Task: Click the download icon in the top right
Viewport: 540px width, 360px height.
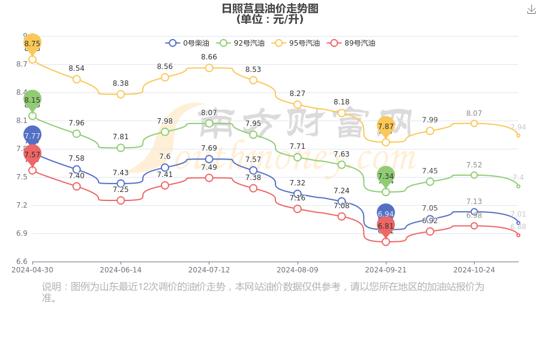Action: coord(531,9)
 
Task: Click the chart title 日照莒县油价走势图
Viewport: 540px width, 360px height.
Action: coord(269,8)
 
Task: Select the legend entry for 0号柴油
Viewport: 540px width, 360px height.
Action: coord(188,43)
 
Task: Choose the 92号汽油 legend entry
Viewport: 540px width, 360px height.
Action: coord(240,43)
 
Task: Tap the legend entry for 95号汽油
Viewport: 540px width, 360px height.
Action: coord(295,43)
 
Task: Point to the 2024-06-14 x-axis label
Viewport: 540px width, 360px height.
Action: coord(121,270)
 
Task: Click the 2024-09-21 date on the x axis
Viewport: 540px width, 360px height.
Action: coord(386,270)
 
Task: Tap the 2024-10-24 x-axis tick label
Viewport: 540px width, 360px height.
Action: coord(474,270)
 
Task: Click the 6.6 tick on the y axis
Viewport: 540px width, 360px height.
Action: coord(21,262)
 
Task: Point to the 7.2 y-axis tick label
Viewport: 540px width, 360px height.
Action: coord(21,205)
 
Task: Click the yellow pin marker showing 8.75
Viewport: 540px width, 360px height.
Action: coord(32,43)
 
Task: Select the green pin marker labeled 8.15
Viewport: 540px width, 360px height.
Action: coord(32,100)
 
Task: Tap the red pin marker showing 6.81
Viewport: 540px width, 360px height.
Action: coord(386,226)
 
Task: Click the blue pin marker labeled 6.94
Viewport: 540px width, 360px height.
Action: coord(386,213)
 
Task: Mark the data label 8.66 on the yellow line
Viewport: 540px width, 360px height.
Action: coord(209,57)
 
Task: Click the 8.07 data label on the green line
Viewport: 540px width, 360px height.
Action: coord(209,113)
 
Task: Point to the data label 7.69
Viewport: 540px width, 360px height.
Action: coord(209,148)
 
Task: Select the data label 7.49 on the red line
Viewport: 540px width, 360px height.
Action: coord(209,167)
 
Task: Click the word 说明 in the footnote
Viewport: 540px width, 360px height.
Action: coord(52,287)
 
